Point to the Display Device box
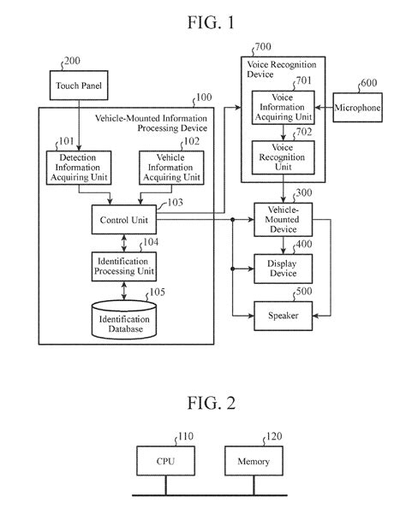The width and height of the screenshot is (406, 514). (283, 268)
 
